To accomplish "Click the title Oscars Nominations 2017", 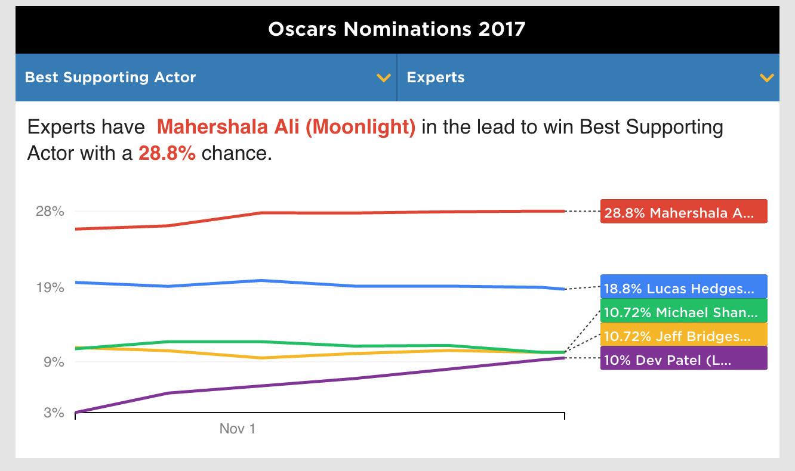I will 397,29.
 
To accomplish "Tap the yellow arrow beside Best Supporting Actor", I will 384,78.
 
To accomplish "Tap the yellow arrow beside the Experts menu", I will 766,78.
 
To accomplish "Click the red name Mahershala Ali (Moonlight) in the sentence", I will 286,127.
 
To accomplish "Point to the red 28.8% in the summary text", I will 167,153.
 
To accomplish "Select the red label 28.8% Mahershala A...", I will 683,212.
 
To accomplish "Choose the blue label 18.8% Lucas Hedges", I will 683,288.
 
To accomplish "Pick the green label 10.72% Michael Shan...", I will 683,312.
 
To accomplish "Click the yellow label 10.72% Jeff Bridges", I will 683,336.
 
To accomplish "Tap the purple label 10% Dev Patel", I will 683,360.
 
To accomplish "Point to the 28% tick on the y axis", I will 50,211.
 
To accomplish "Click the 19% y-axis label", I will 50,287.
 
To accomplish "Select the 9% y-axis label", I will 54,362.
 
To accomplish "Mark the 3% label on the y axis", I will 54,413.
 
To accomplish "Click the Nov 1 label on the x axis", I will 238,429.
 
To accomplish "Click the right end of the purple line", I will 563,358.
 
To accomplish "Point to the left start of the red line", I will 76,229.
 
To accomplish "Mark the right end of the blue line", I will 563,289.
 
